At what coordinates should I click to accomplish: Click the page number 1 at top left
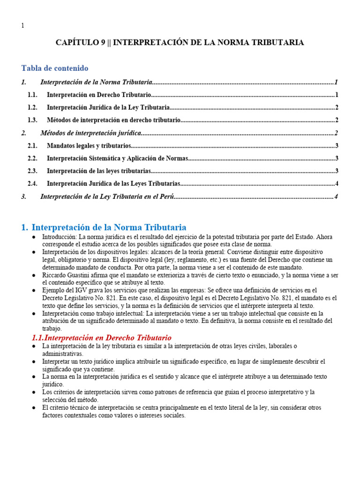point(23,25)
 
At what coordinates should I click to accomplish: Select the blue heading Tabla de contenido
point(55,68)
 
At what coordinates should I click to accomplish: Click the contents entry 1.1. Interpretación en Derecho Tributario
point(98,95)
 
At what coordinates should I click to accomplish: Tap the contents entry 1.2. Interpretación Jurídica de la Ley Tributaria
point(108,107)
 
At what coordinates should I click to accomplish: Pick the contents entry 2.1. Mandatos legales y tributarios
point(89,146)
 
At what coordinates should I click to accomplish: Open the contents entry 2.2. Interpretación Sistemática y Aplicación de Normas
point(117,158)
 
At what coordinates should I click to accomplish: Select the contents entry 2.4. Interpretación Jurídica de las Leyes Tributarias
point(113,183)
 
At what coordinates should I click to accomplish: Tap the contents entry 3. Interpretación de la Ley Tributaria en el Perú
point(107,196)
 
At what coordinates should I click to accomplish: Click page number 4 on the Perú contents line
point(336,196)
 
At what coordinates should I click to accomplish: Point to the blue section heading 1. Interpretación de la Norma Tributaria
point(104,227)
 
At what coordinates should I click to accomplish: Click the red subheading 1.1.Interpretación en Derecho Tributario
point(101,337)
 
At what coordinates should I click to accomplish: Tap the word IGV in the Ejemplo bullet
point(72,290)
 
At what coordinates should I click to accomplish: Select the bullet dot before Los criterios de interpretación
point(33,392)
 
